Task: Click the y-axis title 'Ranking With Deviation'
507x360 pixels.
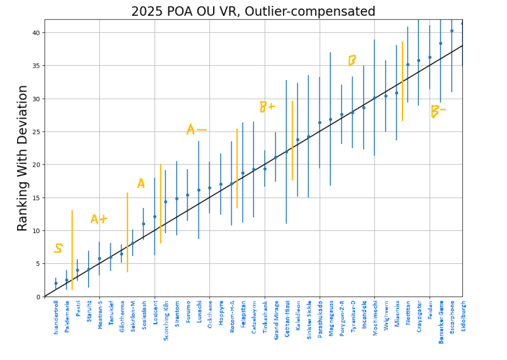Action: coord(23,158)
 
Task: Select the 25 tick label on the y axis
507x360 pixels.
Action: coord(36,132)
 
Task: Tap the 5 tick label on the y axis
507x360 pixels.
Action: coord(38,264)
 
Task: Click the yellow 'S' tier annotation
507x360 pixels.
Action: coord(58,249)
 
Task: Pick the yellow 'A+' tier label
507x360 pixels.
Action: coord(99,219)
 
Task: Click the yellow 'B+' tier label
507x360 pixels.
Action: coord(266,107)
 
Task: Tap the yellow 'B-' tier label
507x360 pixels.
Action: coord(437,111)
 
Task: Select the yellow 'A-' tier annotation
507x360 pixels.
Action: coord(195,129)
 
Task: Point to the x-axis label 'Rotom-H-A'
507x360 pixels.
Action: coord(231,316)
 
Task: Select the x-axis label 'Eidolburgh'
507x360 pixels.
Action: coord(462,316)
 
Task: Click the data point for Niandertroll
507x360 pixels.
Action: coord(56,283)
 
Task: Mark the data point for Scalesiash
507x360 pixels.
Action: coord(143,224)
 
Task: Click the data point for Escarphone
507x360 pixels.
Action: coord(452,31)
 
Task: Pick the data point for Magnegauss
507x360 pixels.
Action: coord(330,120)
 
